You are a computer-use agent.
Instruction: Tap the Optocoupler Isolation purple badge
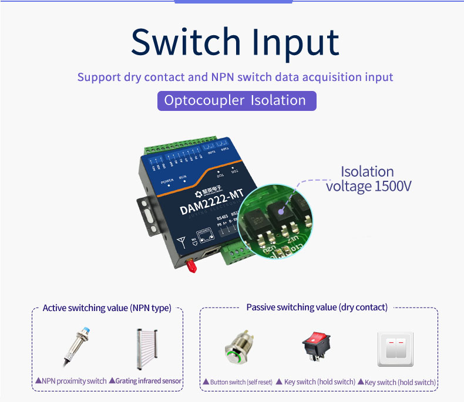tap(236, 100)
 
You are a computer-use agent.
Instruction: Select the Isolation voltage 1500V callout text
tap(369, 179)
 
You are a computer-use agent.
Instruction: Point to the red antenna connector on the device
tap(191, 268)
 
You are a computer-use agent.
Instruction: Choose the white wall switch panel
tap(395, 349)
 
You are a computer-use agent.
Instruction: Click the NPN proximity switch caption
tap(71, 381)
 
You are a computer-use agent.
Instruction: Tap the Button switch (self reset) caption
tap(237, 382)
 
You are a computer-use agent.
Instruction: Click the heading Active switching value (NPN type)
tap(107, 308)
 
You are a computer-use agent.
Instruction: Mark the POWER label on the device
tap(168, 181)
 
